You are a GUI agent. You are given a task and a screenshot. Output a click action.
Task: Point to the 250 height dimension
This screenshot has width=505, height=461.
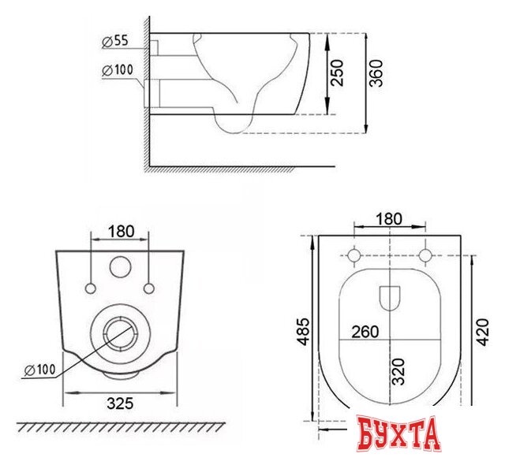(338, 74)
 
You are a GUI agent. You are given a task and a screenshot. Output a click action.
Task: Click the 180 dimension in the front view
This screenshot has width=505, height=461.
(120, 232)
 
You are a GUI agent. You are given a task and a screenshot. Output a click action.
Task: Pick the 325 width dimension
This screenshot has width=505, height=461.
(120, 403)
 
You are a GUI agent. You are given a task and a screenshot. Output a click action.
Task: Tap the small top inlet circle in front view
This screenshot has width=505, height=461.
(120, 268)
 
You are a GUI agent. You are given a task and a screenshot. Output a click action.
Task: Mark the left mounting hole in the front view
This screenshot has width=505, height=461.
(93, 284)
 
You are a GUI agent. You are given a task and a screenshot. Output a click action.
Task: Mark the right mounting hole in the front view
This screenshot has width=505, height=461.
(148, 284)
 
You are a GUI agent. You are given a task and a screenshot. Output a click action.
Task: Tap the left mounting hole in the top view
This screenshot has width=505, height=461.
(355, 255)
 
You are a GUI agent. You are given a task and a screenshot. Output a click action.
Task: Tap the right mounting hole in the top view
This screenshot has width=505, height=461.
(428, 255)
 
